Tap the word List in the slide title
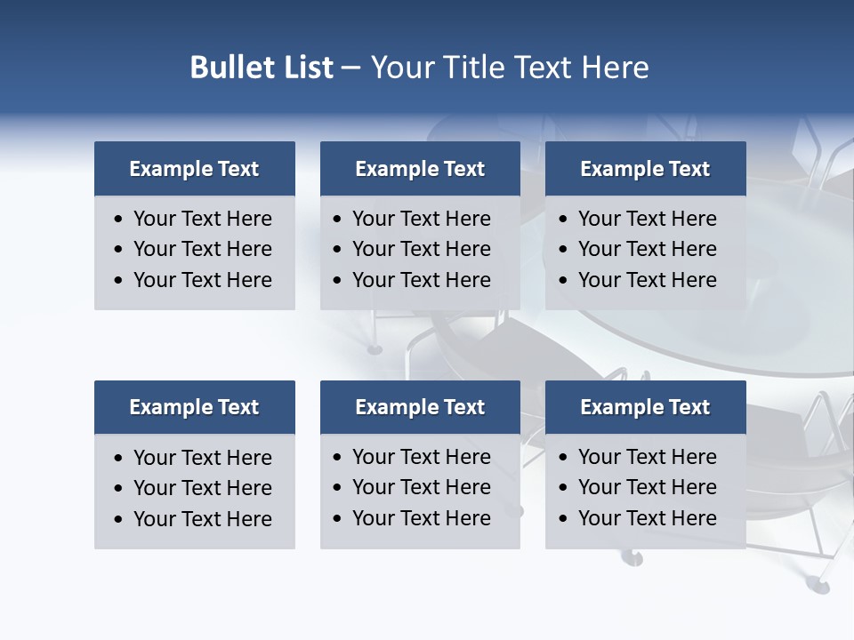click(307, 68)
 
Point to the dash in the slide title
click(350, 68)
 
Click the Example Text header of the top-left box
click(194, 169)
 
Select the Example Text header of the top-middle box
click(420, 169)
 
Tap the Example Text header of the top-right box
click(645, 169)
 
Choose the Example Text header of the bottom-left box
click(194, 407)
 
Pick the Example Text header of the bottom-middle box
click(420, 407)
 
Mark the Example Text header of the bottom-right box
click(645, 407)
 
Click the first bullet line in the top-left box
click(202, 219)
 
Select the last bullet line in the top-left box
click(202, 280)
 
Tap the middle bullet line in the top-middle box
click(421, 249)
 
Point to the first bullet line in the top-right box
click(647, 219)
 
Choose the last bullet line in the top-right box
click(647, 280)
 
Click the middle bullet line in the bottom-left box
click(202, 488)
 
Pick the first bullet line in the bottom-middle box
click(421, 457)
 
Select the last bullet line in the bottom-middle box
click(421, 518)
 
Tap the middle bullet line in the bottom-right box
click(647, 487)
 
